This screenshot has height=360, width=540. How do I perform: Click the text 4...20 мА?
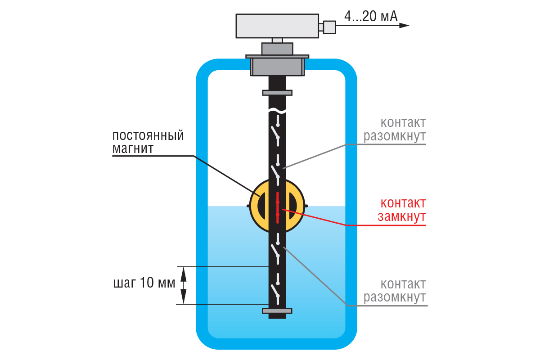tap(371, 17)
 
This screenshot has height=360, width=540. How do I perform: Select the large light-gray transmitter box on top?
tap(277, 26)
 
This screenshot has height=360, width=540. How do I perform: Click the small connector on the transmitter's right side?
tap(329, 27)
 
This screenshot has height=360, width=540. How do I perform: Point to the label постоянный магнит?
tap(148, 142)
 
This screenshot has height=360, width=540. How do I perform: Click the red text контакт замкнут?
tap(402, 210)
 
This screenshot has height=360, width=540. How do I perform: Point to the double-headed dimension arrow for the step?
tap(184, 284)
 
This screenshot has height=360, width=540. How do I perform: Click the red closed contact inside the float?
tap(278, 207)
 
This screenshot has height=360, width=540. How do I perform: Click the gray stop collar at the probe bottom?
tap(277, 310)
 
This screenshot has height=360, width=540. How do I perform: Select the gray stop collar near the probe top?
tap(277, 93)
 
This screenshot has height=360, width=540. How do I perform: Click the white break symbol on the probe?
tap(277, 110)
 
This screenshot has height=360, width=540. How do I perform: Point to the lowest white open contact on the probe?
tap(276, 293)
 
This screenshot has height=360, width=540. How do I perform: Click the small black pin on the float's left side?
tap(248, 206)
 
